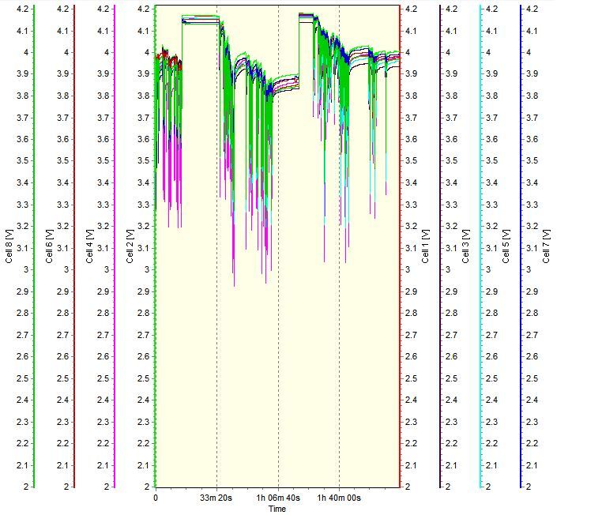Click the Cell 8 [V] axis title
point(9,245)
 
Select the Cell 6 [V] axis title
point(50,245)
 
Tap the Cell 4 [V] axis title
point(91,245)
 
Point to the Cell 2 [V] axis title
point(130,245)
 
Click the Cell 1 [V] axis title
point(427,245)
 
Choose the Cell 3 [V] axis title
point(466,245)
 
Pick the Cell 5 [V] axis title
point(506,245)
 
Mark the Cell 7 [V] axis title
point(547,245)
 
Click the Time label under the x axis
point(277,509)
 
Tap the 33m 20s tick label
point(216,498)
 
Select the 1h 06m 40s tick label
point(277,498)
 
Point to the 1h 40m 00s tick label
point(339,498)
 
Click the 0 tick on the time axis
point(156,498)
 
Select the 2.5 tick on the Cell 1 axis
point(412,378)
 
